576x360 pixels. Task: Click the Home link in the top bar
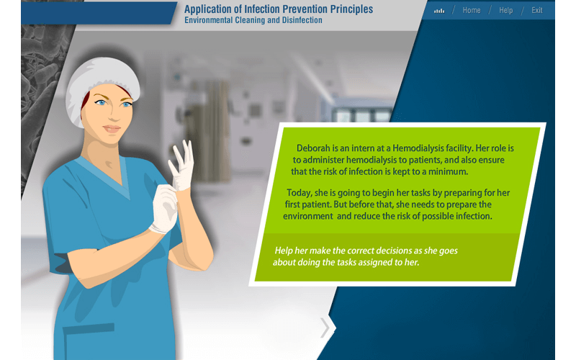tap(472, 11)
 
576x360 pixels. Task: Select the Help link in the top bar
tap(505, 11)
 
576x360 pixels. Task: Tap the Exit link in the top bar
tap(537, 11)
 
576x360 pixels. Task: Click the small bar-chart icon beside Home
tap(439, 11)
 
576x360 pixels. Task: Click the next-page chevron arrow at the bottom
tap(325, 328)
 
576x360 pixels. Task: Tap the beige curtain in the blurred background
tap(216, 115)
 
